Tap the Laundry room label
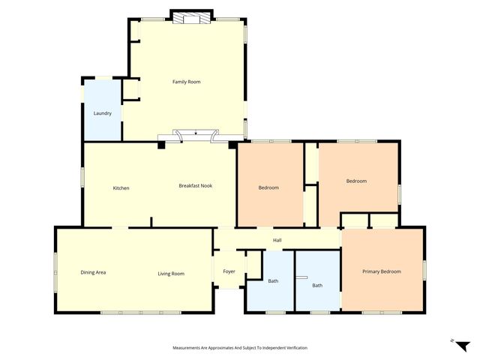coord(103,113)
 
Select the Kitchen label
coord(121,187)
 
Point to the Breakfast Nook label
coord(196,185)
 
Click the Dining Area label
coord(93,272)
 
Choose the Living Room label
coord(171,274)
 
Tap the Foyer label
coord(229,271)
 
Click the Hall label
coord(277,240)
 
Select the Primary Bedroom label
coord(381,271)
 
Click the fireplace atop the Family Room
coord(187,18)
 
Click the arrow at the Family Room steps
coord(196,133)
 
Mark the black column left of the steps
coord(161,145)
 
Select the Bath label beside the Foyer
coord(273,281)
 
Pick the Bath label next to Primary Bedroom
coord(317,285)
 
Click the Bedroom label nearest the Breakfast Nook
coord(268,187)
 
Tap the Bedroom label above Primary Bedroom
coord(356,181)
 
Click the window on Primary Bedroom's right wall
coord(424,268)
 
